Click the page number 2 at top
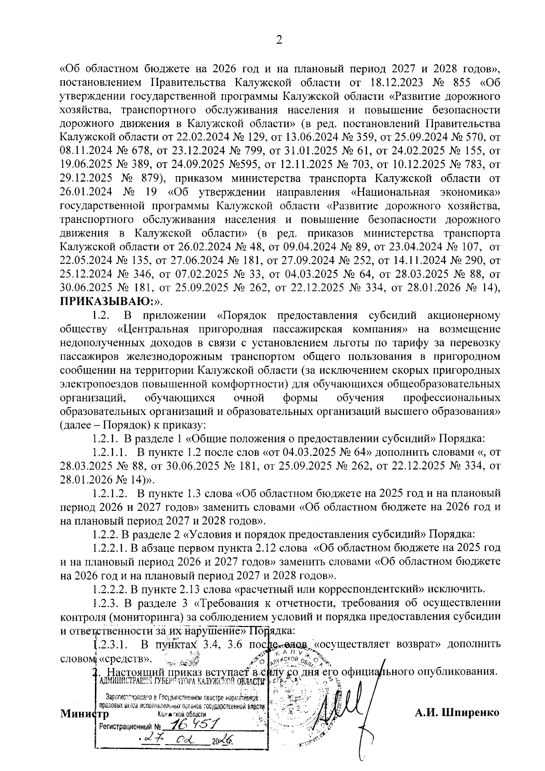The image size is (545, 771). (279, 41)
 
